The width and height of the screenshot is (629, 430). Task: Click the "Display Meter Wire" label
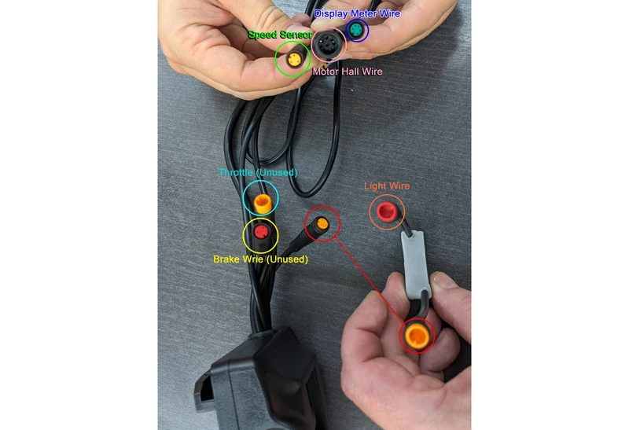[357, 13]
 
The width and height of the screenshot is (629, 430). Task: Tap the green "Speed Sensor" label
[280, 35]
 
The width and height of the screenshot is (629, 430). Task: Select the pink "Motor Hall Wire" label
[348, 72]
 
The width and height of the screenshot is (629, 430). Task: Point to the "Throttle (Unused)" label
[258, 172]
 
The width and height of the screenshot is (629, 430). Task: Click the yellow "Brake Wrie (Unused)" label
[261, 259]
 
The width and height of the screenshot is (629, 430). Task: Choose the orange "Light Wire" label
[387, 186]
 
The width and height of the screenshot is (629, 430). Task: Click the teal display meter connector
[357, 30]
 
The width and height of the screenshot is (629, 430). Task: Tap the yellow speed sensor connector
[294, 61]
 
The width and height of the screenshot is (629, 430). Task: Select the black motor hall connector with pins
[328, 43]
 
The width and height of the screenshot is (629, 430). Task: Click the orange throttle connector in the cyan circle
[263, 204]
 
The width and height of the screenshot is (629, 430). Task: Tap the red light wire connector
[387, 211]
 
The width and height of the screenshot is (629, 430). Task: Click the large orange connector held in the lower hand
[417, 336]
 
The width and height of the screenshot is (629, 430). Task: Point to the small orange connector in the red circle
[322, 223]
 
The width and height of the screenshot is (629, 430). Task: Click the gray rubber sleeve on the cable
[416, 263]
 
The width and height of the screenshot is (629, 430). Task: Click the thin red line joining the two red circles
[369, 279]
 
